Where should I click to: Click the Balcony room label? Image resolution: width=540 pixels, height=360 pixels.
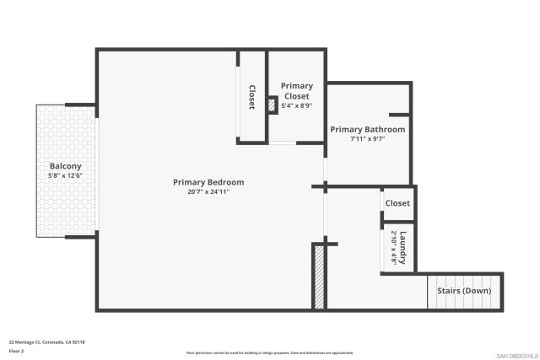coord(65,166)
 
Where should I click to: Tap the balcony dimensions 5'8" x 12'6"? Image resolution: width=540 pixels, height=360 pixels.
coord(65,175)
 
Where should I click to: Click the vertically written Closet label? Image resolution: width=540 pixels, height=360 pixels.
coord(251,97)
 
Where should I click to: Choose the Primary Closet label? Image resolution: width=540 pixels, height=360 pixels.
coord(296,91)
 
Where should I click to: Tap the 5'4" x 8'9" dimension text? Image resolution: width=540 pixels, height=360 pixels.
coord(296,106)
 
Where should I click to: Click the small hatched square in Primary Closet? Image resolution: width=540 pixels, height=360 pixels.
coord(272,105)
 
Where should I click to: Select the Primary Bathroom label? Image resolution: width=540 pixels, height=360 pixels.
coord(367,130)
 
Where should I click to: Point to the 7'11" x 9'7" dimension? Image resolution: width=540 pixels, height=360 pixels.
coord(367,139)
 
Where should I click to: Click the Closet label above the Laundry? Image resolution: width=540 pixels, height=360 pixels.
coord(397,203)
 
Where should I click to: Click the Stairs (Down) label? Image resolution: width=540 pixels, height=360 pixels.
coord(463,291)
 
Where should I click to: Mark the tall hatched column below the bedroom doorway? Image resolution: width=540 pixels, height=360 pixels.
coord(319,277)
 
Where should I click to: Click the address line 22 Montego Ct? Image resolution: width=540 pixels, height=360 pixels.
coord(46,341)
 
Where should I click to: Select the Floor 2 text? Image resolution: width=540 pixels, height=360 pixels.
coord(16,350)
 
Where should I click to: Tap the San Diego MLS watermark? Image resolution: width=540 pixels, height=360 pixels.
coord(515,354)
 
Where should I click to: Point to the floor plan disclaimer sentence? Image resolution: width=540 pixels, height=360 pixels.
coord(270,352)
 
